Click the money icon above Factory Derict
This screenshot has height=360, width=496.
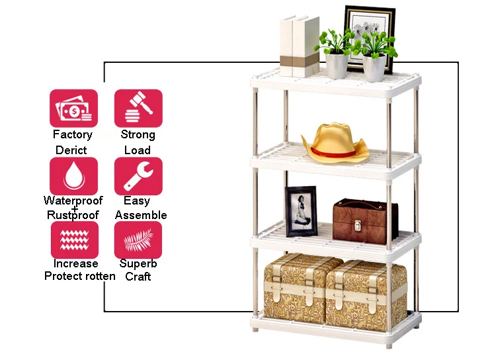[73, 109]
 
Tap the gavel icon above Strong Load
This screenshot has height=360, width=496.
[138, 109]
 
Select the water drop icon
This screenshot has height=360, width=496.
[73, 176]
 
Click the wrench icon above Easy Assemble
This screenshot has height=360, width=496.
[138, 176]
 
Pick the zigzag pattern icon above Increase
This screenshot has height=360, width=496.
[75, 240]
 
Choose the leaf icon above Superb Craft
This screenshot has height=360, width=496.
[138, 240]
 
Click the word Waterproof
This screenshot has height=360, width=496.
[73, 201]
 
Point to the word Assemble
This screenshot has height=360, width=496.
[141, 215]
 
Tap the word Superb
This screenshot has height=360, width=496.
[138, 263]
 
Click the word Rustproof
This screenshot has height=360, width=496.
[73, 215]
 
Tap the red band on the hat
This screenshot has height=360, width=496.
[333, 153]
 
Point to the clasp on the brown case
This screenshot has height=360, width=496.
[358, 225]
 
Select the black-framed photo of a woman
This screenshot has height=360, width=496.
[301, 211]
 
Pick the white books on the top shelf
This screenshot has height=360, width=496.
[299, 46]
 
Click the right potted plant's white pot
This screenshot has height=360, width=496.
[374, 68]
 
